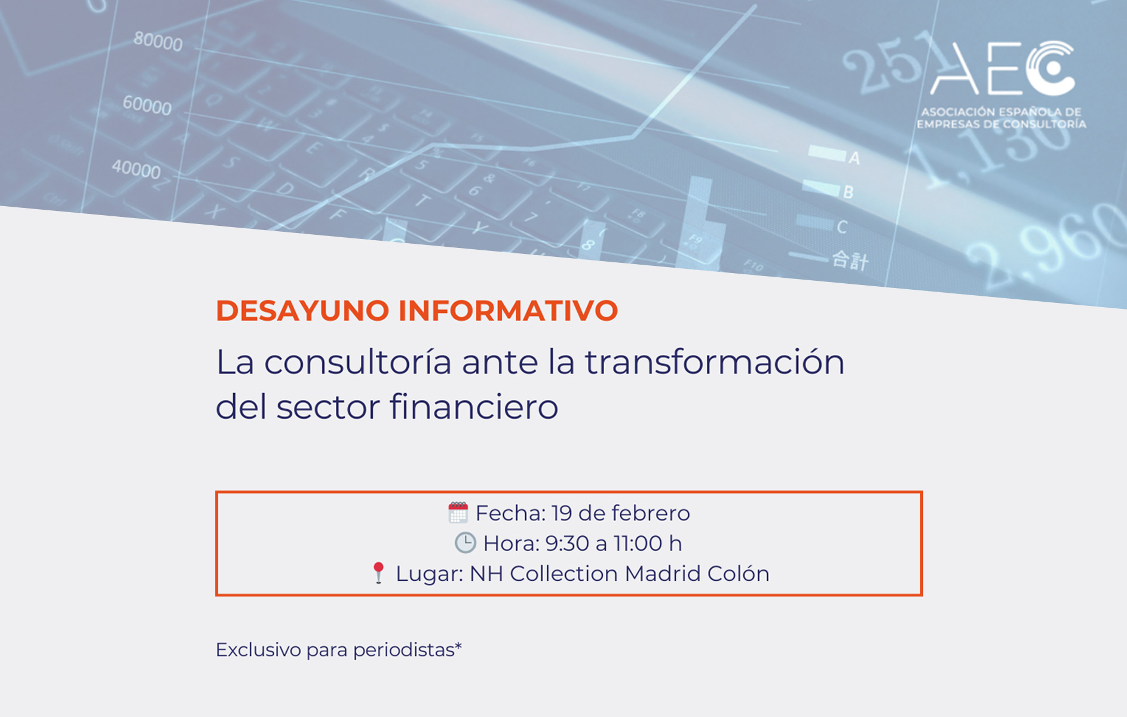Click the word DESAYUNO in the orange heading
coord(302,311)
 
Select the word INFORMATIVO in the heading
coord(508,311)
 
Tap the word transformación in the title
coord(715,362)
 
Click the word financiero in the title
coord(474,407)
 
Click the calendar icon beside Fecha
coord(458,513)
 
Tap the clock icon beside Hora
coord(465,543)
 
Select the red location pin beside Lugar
coord(378,572)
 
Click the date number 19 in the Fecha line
coord(562,513)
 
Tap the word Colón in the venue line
coord(739,574)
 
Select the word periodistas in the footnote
coord(408,649)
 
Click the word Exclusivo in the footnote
coord(258,649)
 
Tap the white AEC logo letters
coord(1003,68)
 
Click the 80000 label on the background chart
coord(158,41)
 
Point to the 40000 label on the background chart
coord(136,169)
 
